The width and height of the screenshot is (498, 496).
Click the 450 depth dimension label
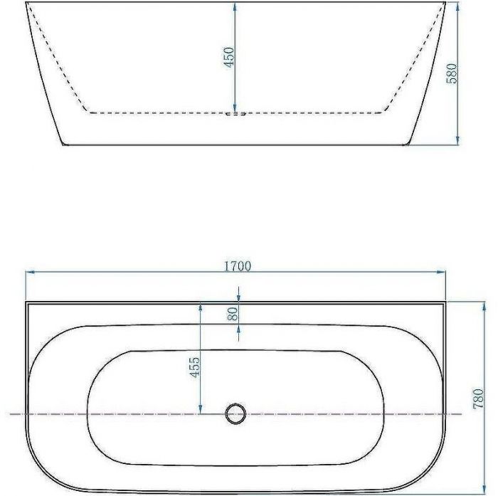click(x=228, y=57)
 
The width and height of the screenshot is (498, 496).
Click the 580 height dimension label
click(x=451, y=73)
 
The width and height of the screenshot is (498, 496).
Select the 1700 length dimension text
click(x=238, y=266)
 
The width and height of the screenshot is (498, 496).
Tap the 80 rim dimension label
click(x=233, y=314)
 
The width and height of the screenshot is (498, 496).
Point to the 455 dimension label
click(x=195, y=367)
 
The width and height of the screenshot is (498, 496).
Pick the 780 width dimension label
click(x=477, y=399)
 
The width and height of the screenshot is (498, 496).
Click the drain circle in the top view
click(x=235, y=414)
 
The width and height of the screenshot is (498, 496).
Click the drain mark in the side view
click(x=235, y=113)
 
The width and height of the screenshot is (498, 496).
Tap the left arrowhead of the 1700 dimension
click(x=31, y=272)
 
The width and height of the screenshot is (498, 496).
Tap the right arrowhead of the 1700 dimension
click(x=441, y=272)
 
